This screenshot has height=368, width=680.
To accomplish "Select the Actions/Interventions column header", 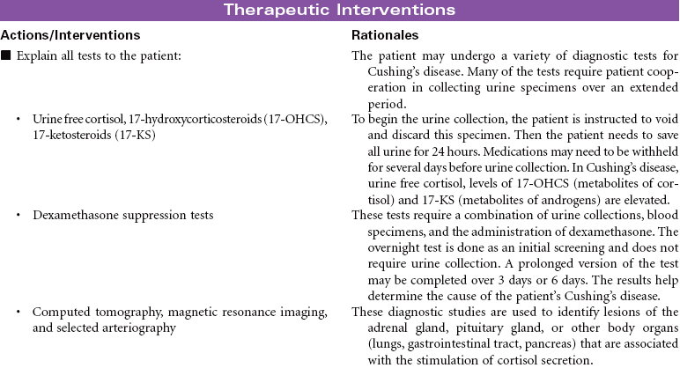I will coord(70,35).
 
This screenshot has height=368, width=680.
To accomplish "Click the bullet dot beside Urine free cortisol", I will coord(18,118).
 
